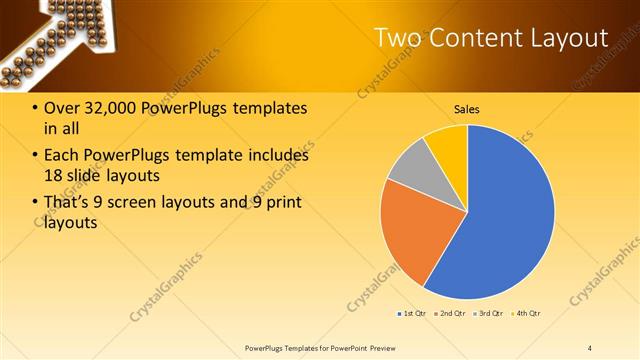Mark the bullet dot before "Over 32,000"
(x=36, y=109)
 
